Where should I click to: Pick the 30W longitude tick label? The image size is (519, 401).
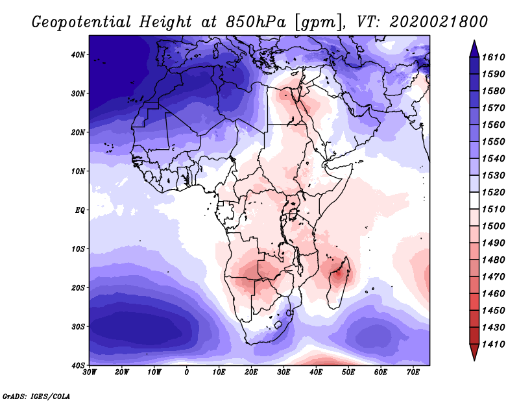pos(90,372)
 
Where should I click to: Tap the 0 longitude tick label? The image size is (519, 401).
pos(187,372)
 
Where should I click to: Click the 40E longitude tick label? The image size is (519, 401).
pos(316,372)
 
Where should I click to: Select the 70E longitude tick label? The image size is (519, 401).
pos(413,372)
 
